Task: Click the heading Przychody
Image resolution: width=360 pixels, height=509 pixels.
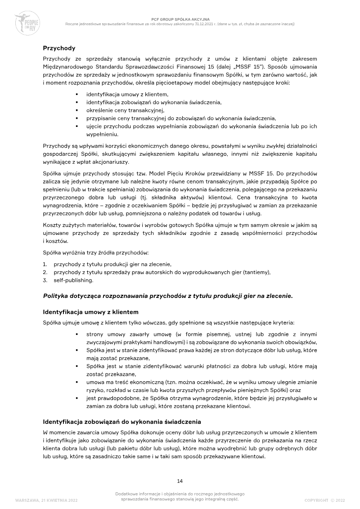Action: [59, 48]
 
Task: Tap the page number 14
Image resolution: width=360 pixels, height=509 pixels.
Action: [180, 481]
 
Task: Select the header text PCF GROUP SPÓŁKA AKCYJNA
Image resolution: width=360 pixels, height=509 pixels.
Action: [180, 19]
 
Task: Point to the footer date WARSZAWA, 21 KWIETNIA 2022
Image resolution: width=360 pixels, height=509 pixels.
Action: [49, 500]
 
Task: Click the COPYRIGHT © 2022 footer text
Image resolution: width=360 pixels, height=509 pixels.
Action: [324, 500]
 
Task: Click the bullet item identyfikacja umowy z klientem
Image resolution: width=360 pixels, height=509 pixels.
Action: [127, 94]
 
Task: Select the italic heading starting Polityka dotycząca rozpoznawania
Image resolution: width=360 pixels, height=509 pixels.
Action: [167, 296]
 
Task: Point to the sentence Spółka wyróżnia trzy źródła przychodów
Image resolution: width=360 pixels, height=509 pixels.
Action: [95, 253]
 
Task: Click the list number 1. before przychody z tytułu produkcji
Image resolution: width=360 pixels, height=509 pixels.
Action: [45, 264]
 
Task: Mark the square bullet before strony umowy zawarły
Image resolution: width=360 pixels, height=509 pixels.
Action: [77, 334]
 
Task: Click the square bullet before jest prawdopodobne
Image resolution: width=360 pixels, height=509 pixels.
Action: [77, 398]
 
